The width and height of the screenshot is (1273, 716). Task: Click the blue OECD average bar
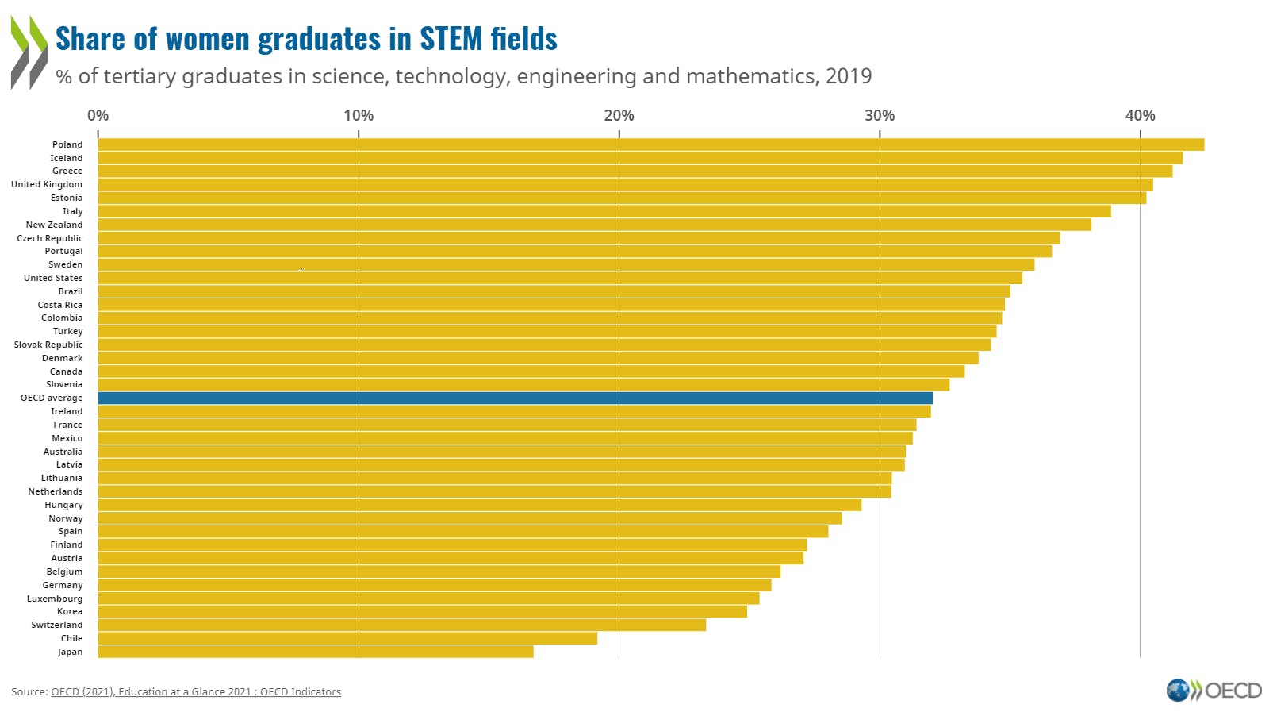click(x=515, y=398)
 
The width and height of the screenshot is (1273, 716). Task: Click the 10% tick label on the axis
click(x=359, y=115)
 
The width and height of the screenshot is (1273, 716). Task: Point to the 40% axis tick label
click(x=1140, y=115)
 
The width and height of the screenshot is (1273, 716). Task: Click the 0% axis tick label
click(x=98, y=115)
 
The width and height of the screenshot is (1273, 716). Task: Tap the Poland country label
click(x=67, y=144)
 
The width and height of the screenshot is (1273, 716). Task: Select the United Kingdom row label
click(x=47, y=184)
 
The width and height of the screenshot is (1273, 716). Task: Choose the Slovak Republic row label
click(x=48, y=345)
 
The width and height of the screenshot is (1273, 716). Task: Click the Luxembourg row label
click(x=55, y=599)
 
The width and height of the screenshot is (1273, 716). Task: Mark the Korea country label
click(x=70, y=611)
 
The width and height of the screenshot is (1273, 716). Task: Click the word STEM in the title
click(x=450, y=39)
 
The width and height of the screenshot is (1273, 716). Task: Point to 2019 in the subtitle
click(x=848, y=76)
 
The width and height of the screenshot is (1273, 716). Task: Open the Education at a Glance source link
click(x=196, y=691)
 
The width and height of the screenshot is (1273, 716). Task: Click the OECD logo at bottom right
click(x=1214, y=690)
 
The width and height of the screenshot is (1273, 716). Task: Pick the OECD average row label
click(x=52, y=398)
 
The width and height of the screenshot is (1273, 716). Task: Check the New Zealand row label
click(x=54, y=225)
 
